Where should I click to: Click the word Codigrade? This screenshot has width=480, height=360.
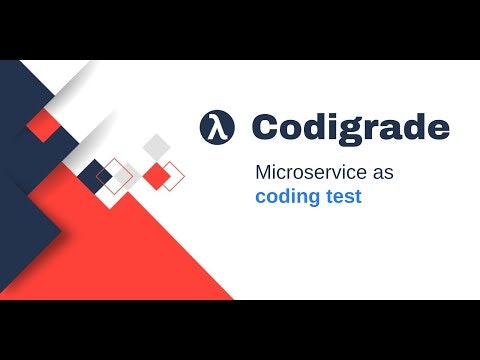click(350, 128)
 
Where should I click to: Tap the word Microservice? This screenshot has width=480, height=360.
click(311, 172)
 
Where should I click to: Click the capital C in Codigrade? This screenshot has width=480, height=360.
click(265, 128)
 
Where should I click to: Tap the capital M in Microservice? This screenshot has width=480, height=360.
click(264, 172)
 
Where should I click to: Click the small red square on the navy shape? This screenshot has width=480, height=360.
click(42, 124)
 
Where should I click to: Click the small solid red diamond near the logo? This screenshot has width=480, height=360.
click(156, 176)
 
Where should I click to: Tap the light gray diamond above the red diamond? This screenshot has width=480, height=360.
click(156, 146)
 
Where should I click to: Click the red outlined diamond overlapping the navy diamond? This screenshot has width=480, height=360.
click(114, 175)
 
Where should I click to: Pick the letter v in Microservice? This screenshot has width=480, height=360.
click(343, 173)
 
